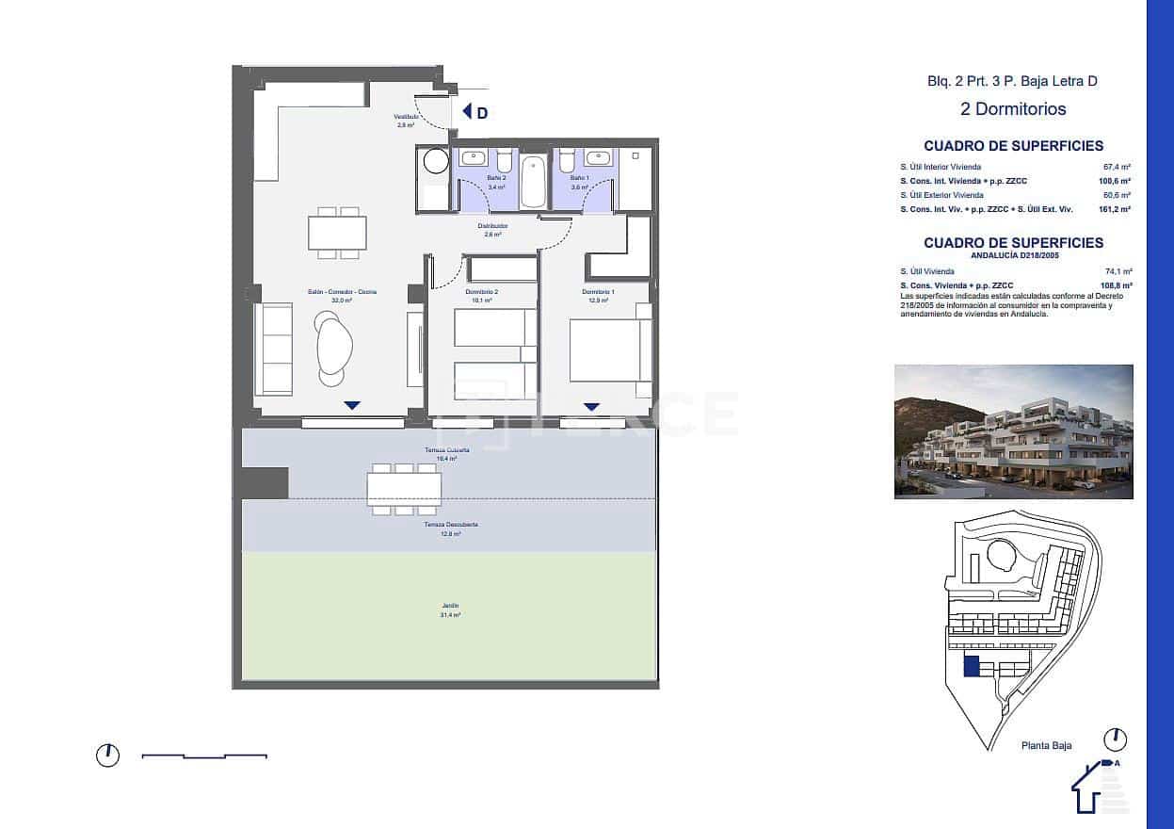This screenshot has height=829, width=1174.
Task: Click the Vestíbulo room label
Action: pyautogui.click(x=406, y=117)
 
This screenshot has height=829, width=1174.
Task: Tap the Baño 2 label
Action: pyautogui.click(x=496, y=177)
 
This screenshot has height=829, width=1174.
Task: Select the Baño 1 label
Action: pyautogui.click(x=579, y=177)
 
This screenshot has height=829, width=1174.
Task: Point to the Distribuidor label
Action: pyautogui.click(x=492, y=226)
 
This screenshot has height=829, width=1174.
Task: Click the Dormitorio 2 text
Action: pyautogui.click(x=481, y=292)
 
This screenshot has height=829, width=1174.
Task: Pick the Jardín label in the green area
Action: pyautogui.click(x=450, y=606)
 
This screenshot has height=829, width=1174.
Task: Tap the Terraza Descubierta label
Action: pyautogui.click(x=450, y=525)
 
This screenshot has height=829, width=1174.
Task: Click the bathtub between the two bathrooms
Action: pyautogui.click(x=533, y=181)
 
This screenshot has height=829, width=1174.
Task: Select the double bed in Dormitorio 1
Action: pyautogui.click(x=610, y=350)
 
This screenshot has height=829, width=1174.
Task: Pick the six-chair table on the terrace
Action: pyautogui.click(x=405, y=489)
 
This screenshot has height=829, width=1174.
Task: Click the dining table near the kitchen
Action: pyautogui.click(x=337, y=233)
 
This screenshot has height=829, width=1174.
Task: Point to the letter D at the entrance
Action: pyautogui.click(x=482, y=113)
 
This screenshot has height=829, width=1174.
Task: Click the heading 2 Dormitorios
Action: pyautogui.click(x=1013, y=109)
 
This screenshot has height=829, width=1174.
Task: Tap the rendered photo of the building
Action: pyautogui.click(x=1013, y=431)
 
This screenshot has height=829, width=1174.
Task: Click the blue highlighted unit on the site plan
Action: pyautogui.click(x=971, y=667)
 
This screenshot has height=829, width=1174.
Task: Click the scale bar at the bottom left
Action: pyautogui.click(x=204, y=756)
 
